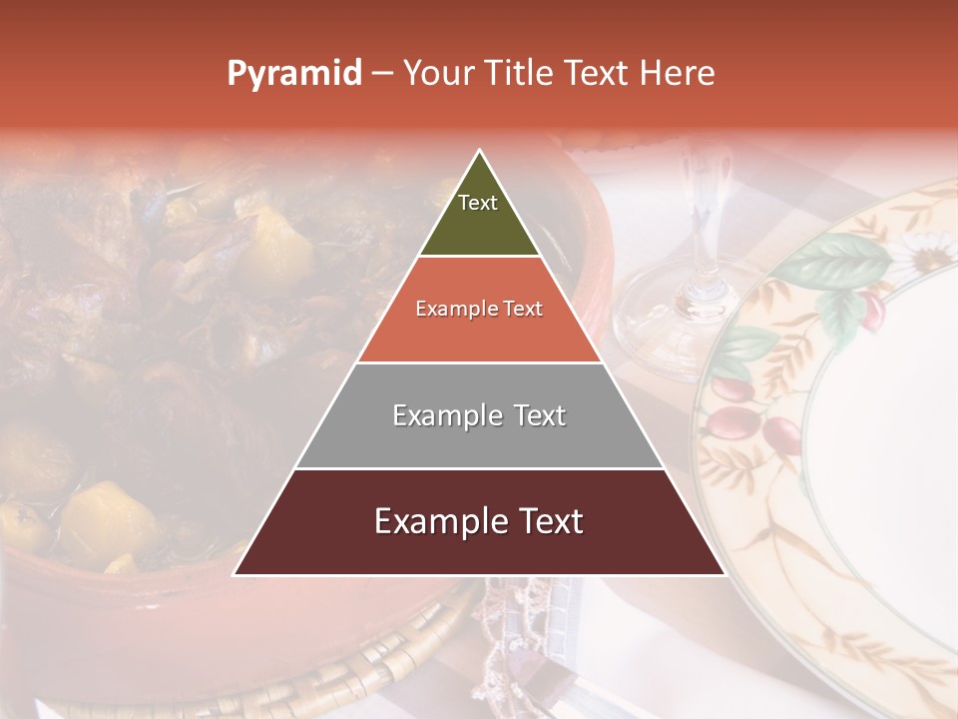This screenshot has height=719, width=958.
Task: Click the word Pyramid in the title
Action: click(x=293, y=74)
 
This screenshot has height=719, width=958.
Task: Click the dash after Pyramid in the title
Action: click(x=382, y=74)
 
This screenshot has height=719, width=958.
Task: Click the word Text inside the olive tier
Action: click(x=478, y=203)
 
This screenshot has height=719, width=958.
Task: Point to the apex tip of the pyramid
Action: click(x=479, y=151)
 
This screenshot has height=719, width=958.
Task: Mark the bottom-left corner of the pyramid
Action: click(x=235, y=574)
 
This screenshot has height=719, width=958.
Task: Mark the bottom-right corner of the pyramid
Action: click(x=724, y=574)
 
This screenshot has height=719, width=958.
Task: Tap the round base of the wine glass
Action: click(x=679, y=320)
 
